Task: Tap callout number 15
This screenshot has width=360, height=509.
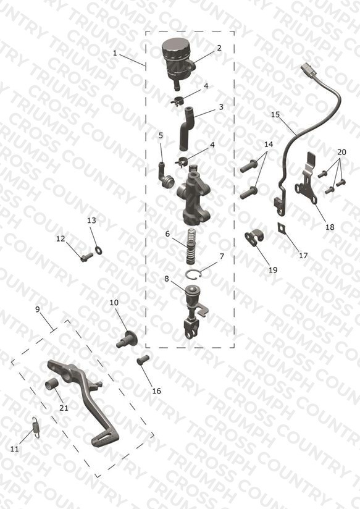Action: [x=275, y=115]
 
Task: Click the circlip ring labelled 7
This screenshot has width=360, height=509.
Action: [x=194, y=274]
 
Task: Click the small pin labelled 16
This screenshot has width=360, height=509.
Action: [x=143, y=360]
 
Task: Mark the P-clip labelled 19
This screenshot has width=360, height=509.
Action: [x=254, y=238]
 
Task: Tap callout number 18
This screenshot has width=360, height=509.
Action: [x=330, y=227]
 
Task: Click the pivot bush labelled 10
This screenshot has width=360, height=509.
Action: [x=127, y=340]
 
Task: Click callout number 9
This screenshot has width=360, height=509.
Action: [x=38, y=309]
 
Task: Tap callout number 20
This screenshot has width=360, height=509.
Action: [x=341, y=152]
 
